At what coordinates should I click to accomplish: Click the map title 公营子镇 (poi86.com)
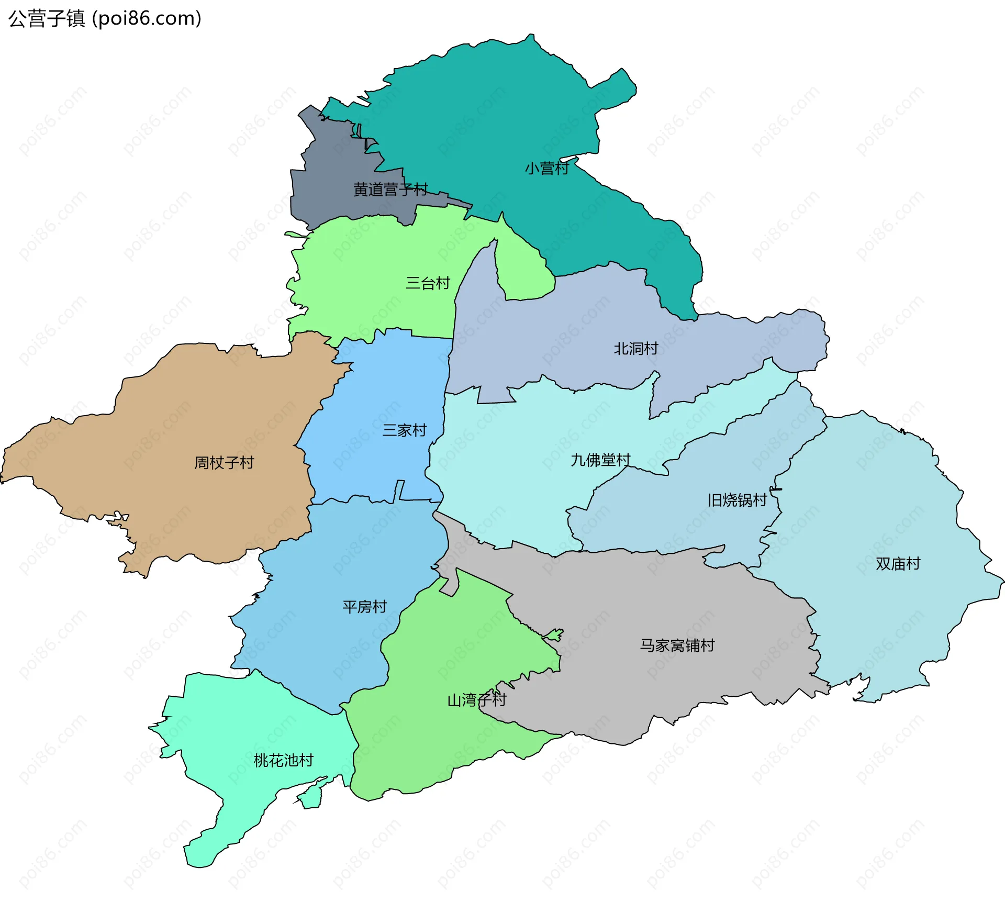click(x=105, y=18)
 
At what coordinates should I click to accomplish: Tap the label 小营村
click(x=546, y=169)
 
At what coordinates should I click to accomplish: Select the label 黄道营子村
click(x=390, y=190)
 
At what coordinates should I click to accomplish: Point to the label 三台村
click(x=428, y=283)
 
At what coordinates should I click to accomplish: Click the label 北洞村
click(x=635, y=349)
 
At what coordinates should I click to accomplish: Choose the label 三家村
click(x=404, y=430)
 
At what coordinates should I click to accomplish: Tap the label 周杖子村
click(x=224, y=463)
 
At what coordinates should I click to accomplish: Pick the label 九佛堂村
click(x=600, y=460)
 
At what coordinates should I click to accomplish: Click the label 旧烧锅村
click(x=737, y=500)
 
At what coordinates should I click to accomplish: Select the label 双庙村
click(x=898, y=564)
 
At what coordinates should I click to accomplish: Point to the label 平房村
click(x=364, y=607)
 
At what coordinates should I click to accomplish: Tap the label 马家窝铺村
click(x=677, y=645)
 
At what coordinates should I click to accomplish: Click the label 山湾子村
click(x=476, y=700)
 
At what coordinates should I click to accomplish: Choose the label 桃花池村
click(x=283, y=760)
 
